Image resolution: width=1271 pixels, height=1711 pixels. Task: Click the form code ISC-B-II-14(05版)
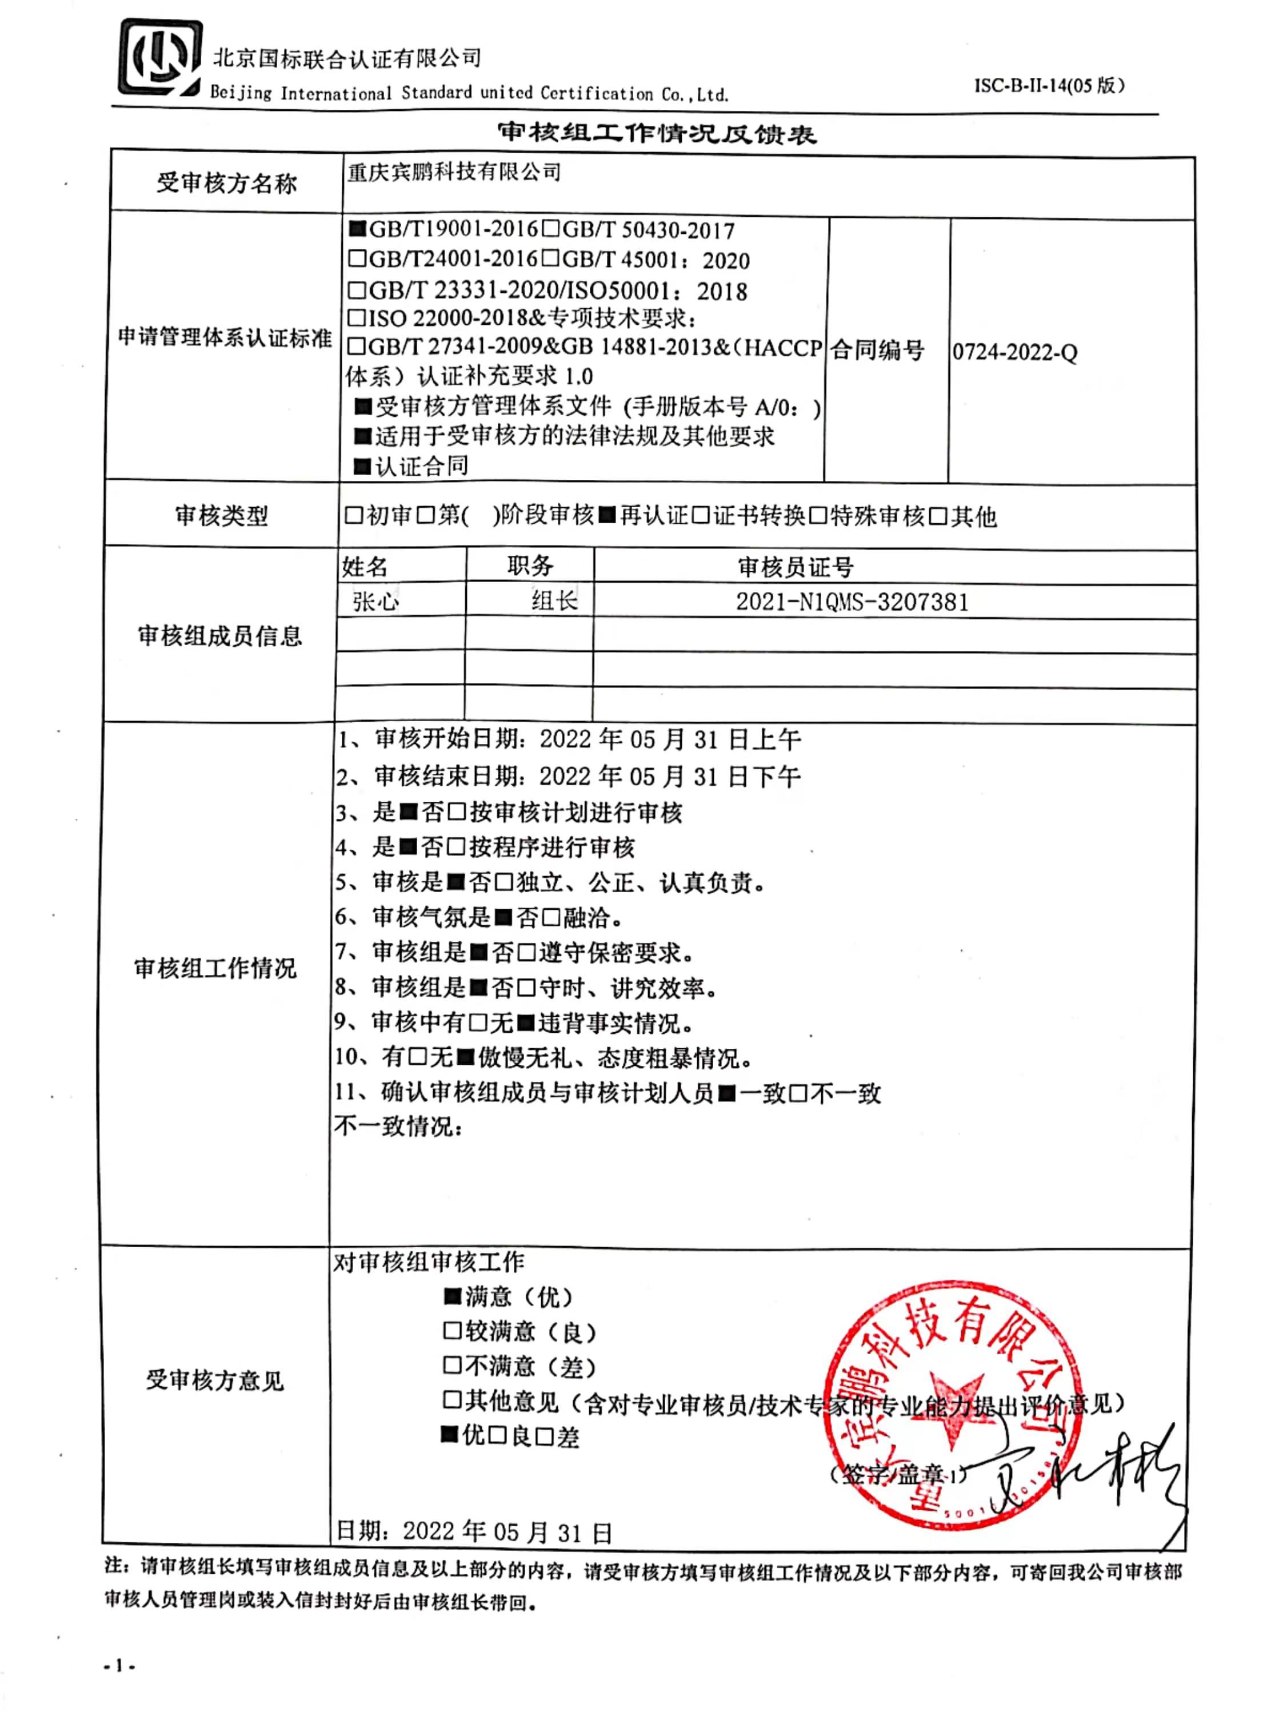pyautogui.click(x=1049, y=85)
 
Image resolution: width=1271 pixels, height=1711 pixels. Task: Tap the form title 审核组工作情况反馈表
pyautogui.click(x=656, y=133)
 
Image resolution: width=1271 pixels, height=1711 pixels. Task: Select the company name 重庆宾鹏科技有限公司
pyautogui.click(x=454, y=172)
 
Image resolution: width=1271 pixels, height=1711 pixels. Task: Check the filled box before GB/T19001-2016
pyautogui.click(x=357, y=229)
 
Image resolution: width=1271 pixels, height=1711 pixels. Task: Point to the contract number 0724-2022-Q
pyautogui.click(x=1014, y=352)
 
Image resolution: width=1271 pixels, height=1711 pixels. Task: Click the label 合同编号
pyautogui.click(x=877, y=350)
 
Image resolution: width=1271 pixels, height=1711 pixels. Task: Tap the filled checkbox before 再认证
pyautogui.click(x=607, y=515)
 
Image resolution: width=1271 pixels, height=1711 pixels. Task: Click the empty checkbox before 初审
pyautogui.click(x=354, y=515)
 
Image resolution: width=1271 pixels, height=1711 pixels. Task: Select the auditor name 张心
pyautogui.click(x=375, y=601)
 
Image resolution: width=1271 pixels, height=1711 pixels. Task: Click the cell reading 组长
pyautogui.click(x=554, y=600)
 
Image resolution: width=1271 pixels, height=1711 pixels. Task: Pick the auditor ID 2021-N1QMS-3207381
pyautogui.click(x=852, y=602)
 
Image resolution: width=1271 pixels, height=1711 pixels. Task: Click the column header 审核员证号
pyautogui.click(x=796, y=567)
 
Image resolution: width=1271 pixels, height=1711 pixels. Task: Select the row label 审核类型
pyautogui.click(x=222, y=515)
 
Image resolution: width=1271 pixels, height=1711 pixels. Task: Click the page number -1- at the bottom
pyautogui.click(x=119, y=1666)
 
